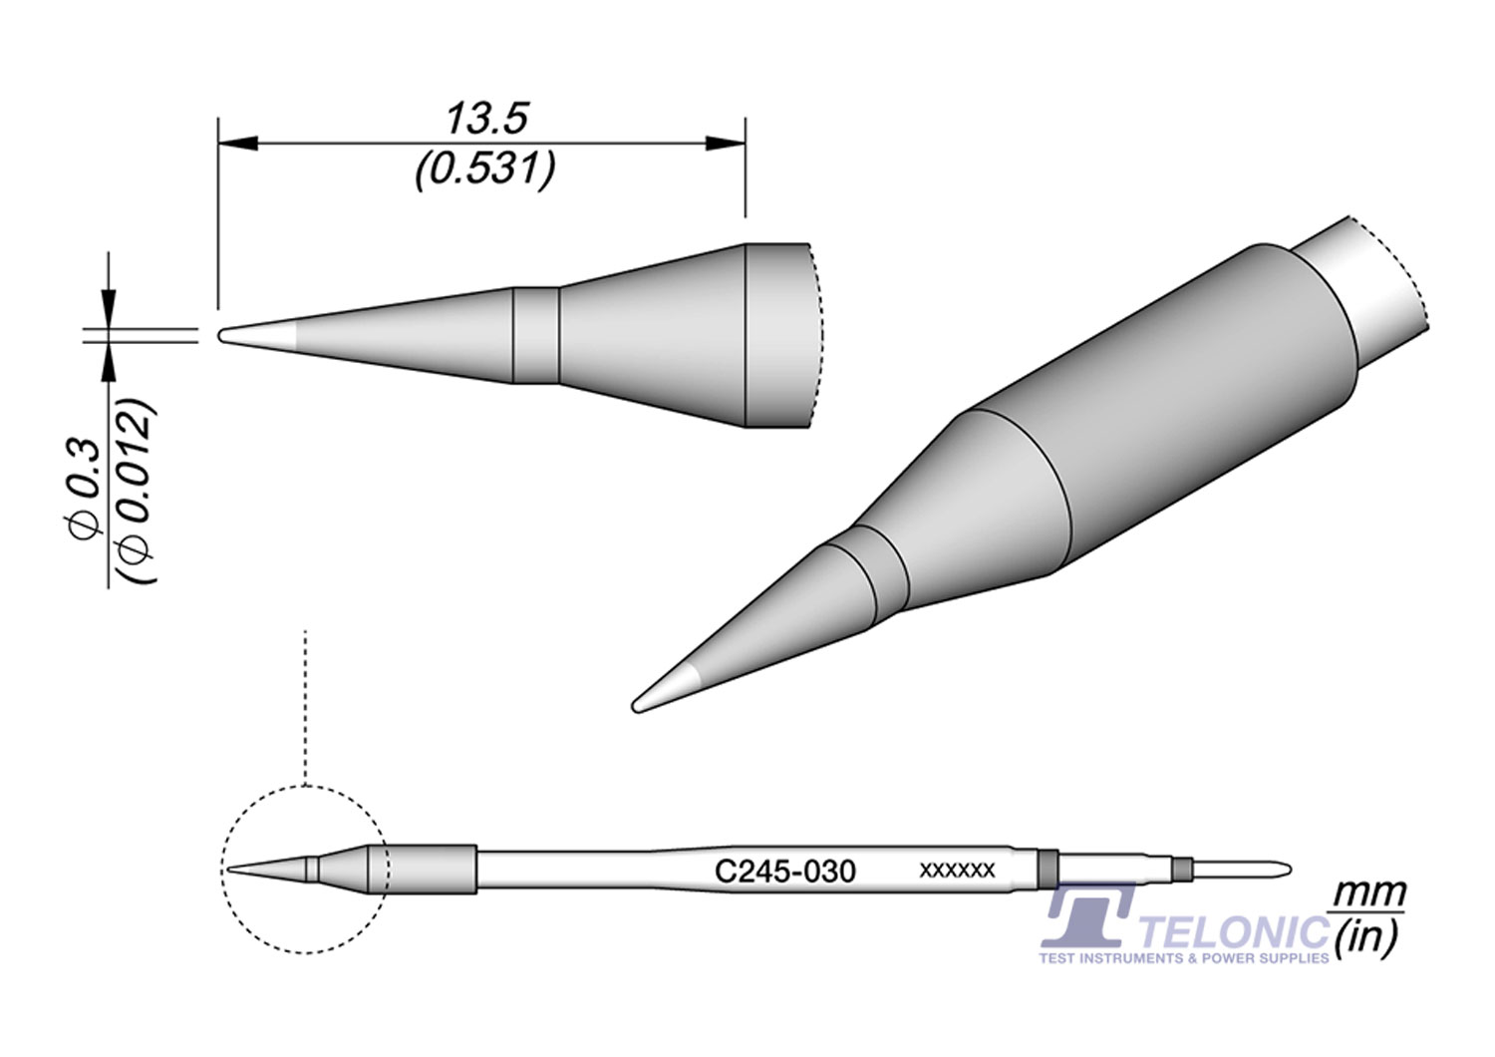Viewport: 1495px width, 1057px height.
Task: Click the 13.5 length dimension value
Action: (485, 120)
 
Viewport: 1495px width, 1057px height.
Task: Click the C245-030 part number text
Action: (785, 872)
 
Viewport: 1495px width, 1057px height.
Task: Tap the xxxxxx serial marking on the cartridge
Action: (956, 871)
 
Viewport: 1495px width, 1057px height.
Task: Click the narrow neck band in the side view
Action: (535, 335)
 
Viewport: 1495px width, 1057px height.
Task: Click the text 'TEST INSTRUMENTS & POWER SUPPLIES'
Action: (1184, 958)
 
